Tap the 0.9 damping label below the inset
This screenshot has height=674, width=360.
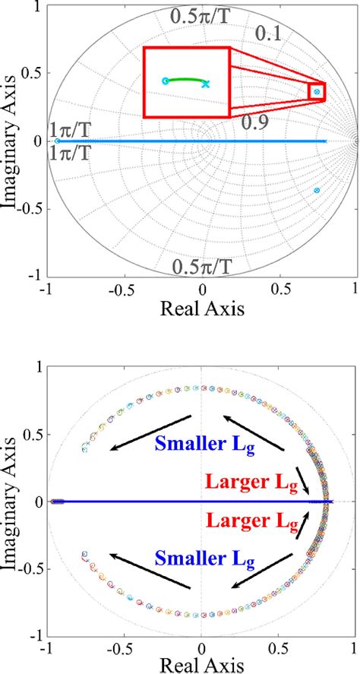[255, 121]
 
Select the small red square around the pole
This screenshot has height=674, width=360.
[317, 91]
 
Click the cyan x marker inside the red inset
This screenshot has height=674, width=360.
[206, 84]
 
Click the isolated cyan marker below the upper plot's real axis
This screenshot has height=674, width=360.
[317, 190]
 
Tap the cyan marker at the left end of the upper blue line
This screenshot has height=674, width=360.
[58, 141]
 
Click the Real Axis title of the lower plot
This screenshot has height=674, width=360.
[201, 666]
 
